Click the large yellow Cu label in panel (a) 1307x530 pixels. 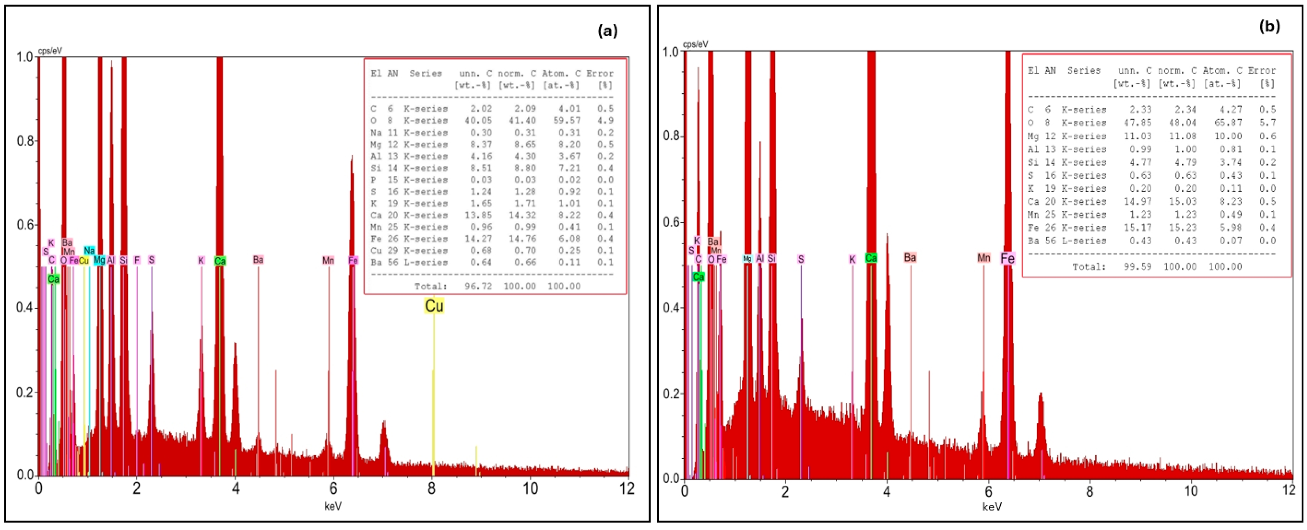click(x=434, y=306)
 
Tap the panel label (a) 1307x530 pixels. click(x=608, y=32)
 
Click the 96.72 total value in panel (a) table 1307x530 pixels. click(x=478, y=286)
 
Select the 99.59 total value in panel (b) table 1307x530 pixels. click(x=1137, y=267)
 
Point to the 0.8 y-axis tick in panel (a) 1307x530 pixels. click(x=25, y=140)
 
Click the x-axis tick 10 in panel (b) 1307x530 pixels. click(x=1190, y=491)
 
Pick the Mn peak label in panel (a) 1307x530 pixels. click(x=328, y=260)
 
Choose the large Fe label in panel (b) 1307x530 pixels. click(x=1007, y=259)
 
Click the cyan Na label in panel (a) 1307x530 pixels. click(x=89, y=250)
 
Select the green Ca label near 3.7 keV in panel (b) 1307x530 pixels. click(x=871, y=258)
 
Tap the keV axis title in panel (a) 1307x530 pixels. click(x=333, y=506)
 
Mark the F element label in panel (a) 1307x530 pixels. click(x=136, y=260)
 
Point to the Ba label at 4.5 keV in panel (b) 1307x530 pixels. click(x=910, y=258)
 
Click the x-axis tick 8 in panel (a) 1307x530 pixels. click(x=431, y=489)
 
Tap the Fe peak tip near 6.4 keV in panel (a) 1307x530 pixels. click(x=352, y=157)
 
